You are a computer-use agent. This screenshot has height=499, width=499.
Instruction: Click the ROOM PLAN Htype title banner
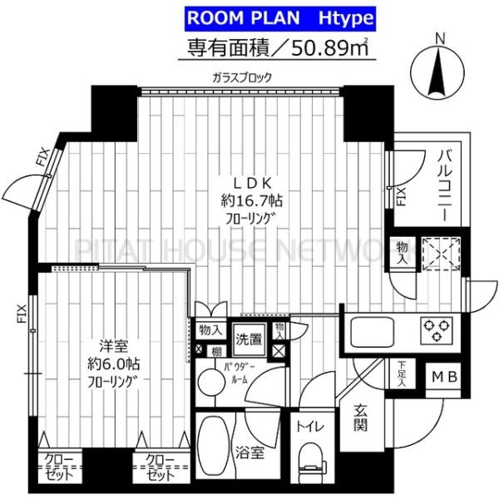click(x=277, y=17)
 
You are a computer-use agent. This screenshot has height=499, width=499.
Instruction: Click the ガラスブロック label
click(x=241, y=78)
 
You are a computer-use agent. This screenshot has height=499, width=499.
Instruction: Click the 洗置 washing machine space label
click(x=247, y=339)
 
